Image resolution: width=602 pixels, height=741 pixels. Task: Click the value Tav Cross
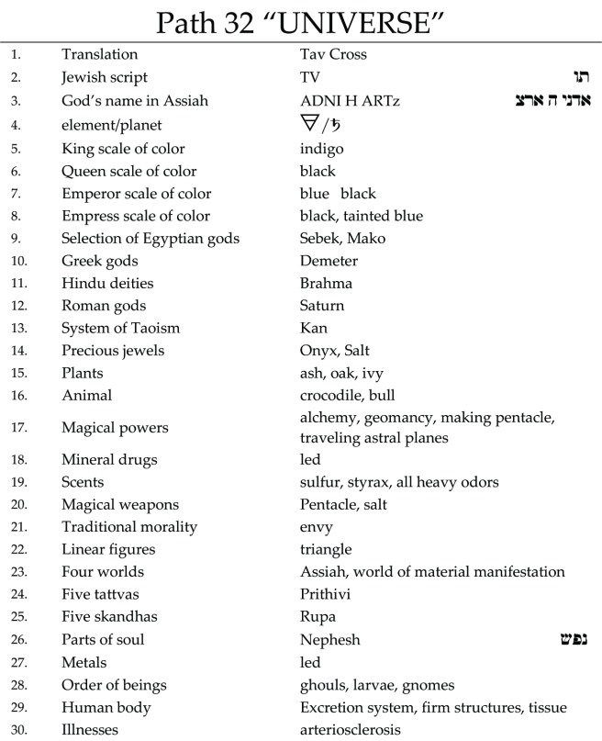333,54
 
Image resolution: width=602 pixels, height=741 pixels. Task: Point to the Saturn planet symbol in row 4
336,124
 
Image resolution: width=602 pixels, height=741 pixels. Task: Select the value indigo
320,149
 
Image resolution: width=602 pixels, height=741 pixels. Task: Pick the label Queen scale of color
123,171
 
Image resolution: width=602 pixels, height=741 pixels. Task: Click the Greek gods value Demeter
329,261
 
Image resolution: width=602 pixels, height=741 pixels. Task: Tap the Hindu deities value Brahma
326,284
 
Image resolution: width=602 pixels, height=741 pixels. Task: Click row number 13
17,329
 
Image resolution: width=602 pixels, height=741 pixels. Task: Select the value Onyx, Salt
335,351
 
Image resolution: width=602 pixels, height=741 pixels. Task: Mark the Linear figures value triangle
326,549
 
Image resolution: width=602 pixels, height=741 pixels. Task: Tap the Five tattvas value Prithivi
326,594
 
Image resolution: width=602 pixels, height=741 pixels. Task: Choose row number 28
17,685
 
